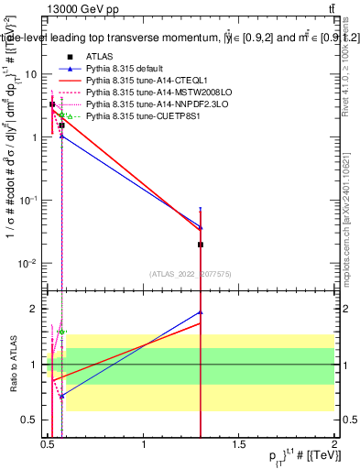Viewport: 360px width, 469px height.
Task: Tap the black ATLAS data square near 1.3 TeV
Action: pos(201,245)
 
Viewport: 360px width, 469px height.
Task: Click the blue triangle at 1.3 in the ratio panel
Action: pos(201,312)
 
